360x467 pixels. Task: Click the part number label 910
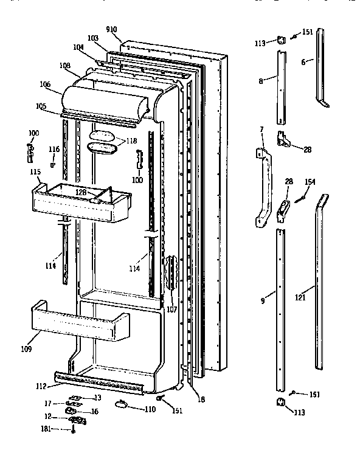click(x=111, y=29)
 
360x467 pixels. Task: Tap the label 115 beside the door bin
click(x=35, y=172)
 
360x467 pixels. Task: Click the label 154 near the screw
click(x=310, y=182)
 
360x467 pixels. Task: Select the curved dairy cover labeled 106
click(x=103, y=100)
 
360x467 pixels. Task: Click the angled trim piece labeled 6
click(x=320, y=67)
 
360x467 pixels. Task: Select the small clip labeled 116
click(x=53, y=163)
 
